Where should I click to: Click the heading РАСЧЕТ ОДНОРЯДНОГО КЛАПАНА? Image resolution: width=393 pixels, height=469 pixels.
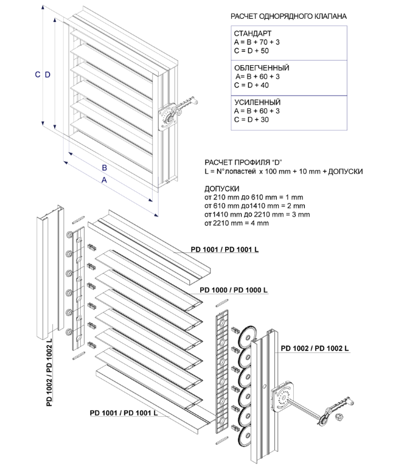tap(289, 16)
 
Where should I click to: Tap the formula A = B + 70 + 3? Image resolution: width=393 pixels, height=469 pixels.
tap(256, 42)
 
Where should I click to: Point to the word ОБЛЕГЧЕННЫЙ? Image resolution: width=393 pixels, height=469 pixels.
tap(261, 68)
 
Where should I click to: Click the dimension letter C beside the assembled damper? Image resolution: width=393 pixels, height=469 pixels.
tap(37, 74)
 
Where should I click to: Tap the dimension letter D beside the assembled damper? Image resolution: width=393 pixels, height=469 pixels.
tap(47, 74)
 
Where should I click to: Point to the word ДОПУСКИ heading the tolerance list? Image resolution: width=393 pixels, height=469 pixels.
tap(222, 189)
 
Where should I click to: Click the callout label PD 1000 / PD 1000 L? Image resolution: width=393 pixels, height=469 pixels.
tap(234, 291)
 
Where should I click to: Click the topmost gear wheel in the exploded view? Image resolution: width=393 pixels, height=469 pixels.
tap(249, 338)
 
